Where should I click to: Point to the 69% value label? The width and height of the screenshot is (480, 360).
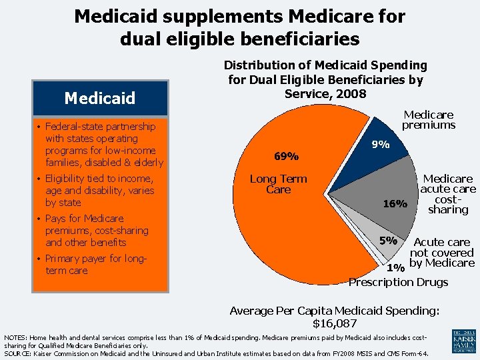(286, 157)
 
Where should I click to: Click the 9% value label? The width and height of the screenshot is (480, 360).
(381, 144)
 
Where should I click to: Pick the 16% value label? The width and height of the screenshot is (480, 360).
(394, 204)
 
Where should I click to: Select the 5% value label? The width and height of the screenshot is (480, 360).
(388, 240)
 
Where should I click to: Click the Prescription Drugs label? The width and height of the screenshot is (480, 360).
(399, 282)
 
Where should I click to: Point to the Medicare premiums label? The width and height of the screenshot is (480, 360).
(429, 119)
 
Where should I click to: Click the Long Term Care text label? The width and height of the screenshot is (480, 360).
(278, 184)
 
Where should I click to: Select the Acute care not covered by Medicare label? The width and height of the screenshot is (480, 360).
(441, 253)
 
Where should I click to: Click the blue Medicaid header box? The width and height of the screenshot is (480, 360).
(99, 98)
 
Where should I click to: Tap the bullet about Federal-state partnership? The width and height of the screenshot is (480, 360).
(103, 144)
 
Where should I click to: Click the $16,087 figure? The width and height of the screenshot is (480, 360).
(334, 323)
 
